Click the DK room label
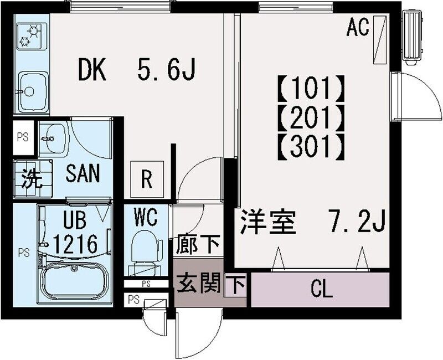(92, 70)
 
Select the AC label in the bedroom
(358, 28)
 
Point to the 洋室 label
(269, 223)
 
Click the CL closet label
(321, 289)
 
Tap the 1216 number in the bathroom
(76, 243)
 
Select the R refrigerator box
(147, 178)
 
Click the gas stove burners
(31, 36)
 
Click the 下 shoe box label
(236, 286)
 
